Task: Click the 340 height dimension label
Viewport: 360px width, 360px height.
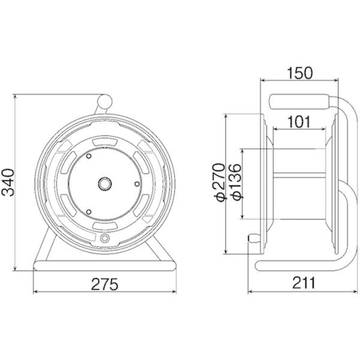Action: [8, 182]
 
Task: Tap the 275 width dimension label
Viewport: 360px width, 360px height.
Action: [104, 284]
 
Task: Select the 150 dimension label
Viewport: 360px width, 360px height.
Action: [300, 73]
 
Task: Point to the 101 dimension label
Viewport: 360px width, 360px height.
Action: [299, 122]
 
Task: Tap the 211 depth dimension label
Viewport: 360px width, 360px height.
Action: [304, 283]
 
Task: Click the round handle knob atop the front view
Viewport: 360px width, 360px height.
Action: [105, 101]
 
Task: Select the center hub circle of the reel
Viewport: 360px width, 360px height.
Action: [105, 184]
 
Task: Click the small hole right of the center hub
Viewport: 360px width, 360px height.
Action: [137, 184]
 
